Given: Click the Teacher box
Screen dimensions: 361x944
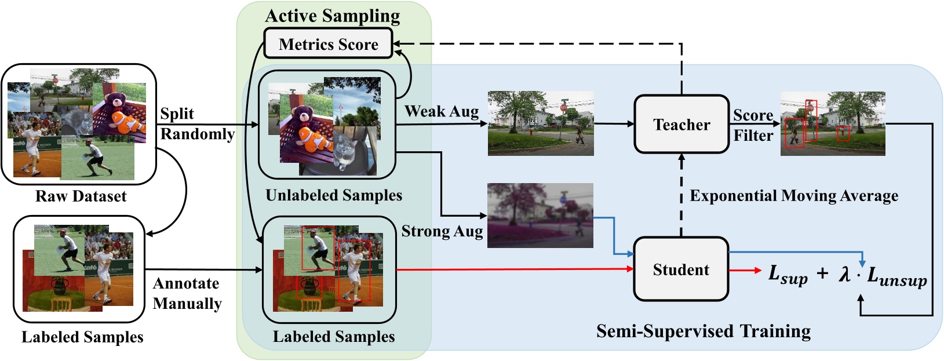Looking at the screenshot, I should (x=681, y=125).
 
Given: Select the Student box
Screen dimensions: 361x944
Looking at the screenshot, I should (x=681, y=269).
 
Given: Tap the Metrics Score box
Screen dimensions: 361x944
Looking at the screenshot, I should (x=328, y=44).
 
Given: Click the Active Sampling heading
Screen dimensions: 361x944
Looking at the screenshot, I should (x=332, y=16).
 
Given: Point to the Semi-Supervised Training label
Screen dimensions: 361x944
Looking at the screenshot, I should (x=703, y=331).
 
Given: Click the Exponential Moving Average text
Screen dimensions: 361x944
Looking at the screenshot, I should (x=793, y=196).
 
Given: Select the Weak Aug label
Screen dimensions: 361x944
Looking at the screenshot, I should (x=442, y=111).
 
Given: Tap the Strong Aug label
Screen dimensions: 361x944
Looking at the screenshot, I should (x=442, y=231).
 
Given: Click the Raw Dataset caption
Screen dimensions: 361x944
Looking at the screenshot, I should (x=81, y=196).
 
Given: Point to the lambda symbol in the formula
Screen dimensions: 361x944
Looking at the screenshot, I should (x=845, y=273).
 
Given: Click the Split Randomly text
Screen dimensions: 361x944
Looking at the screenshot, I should (x=197, y=123).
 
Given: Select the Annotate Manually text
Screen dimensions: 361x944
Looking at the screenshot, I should (x=187, y=293).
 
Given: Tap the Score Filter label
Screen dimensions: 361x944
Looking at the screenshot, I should (x=753, y=125).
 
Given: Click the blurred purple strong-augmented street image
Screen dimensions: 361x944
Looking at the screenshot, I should (x=540, y=215).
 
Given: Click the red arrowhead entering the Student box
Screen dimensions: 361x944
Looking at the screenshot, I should (x=630, y=269).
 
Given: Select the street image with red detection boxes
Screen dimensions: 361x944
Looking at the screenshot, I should (x=833, y=123).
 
